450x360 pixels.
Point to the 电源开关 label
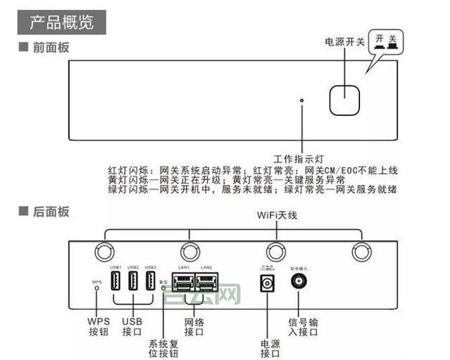345,42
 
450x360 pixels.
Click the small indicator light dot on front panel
302,100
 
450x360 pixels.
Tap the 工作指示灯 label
300,158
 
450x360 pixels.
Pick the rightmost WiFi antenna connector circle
359,251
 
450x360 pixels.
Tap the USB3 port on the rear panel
150,281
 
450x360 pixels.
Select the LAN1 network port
184,282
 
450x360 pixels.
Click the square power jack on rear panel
269,284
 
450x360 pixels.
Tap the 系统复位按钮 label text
163,347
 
